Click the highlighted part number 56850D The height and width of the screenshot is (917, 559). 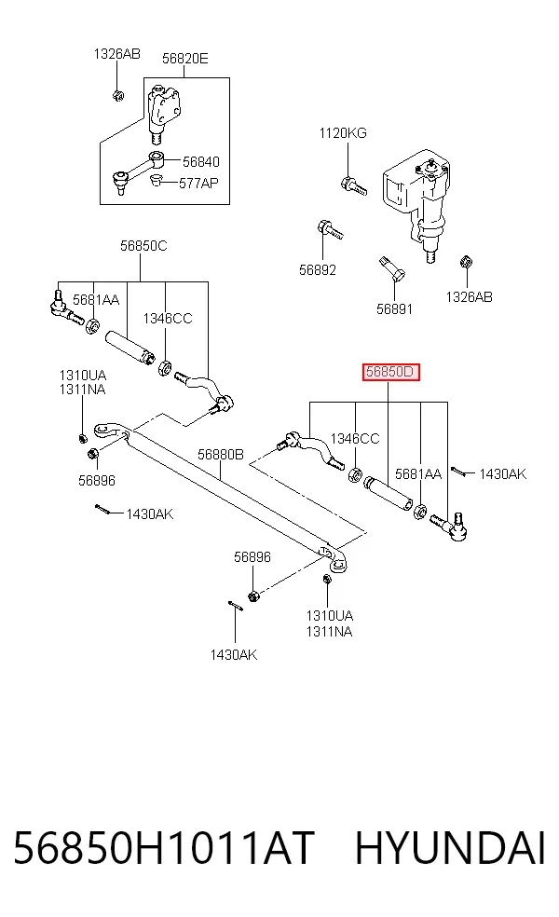pos(390,372)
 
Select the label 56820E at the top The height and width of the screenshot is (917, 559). pos(184,59)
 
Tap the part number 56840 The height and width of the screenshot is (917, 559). pos(201,161)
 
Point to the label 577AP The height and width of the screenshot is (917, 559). pos(198,183)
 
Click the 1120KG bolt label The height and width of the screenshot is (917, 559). pos(343,133)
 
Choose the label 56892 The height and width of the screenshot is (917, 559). pos(318,270)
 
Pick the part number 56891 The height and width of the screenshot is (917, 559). pos(395,308)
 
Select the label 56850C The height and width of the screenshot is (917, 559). pos(143,246)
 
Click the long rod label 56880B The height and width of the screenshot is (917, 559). pos(221,455)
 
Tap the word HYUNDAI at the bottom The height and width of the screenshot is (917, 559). pos(450,849)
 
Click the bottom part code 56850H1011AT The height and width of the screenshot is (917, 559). pos(164,849)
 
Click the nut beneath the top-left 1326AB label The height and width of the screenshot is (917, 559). pos(117,95)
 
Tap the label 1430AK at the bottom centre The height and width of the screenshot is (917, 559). pos(234,655)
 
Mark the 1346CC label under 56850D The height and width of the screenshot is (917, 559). pos(355,439)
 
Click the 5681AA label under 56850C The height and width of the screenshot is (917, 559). pos(96,300)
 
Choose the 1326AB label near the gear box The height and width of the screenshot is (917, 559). pos(469,297)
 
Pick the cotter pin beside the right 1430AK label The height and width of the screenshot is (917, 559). pos(458,472)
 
